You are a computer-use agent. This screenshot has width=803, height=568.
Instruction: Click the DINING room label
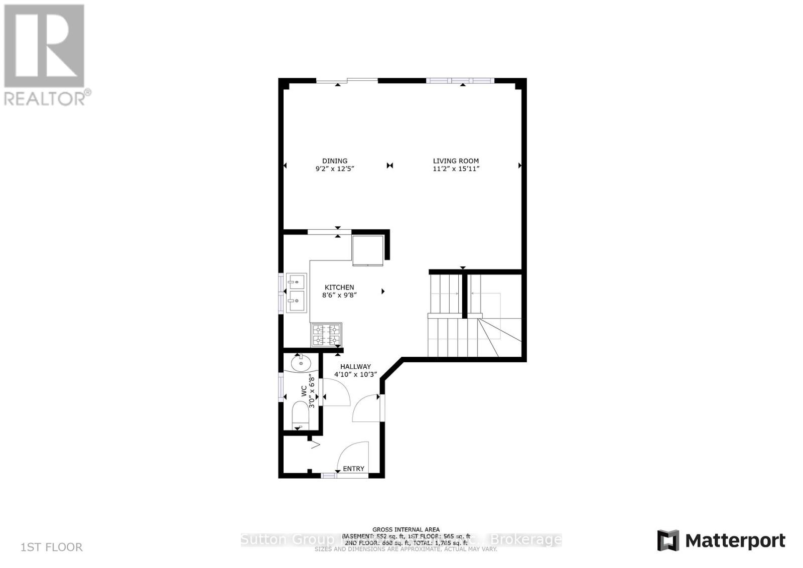point(335,161)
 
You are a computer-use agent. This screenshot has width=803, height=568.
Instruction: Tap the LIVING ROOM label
point(456,161)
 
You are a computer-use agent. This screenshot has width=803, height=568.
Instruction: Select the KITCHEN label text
point(339,288)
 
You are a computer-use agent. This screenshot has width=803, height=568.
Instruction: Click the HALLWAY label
point(355,367)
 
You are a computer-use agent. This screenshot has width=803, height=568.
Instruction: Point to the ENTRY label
point(353,469)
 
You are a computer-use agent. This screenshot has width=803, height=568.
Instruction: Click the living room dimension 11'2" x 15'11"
point(456,169)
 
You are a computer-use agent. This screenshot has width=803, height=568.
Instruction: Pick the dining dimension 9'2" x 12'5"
point(335,169)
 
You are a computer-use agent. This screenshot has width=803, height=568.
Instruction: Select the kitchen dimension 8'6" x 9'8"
point(339,296)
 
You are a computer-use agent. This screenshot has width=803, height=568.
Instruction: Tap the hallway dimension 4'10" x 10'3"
point(355,374)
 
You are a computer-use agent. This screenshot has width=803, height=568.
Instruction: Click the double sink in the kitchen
point(296,293)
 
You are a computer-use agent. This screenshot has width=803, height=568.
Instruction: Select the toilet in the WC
point(300,417)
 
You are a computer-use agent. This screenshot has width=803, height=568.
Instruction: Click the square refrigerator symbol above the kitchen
point(368,250)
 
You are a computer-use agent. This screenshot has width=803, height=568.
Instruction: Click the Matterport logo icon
point(668,540)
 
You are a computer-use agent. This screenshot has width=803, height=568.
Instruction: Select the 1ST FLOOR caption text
point(52,547)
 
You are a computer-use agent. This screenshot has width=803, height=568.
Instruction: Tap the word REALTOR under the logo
point(45,98)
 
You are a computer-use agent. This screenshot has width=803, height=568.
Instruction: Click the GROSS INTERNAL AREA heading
point(406,529)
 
